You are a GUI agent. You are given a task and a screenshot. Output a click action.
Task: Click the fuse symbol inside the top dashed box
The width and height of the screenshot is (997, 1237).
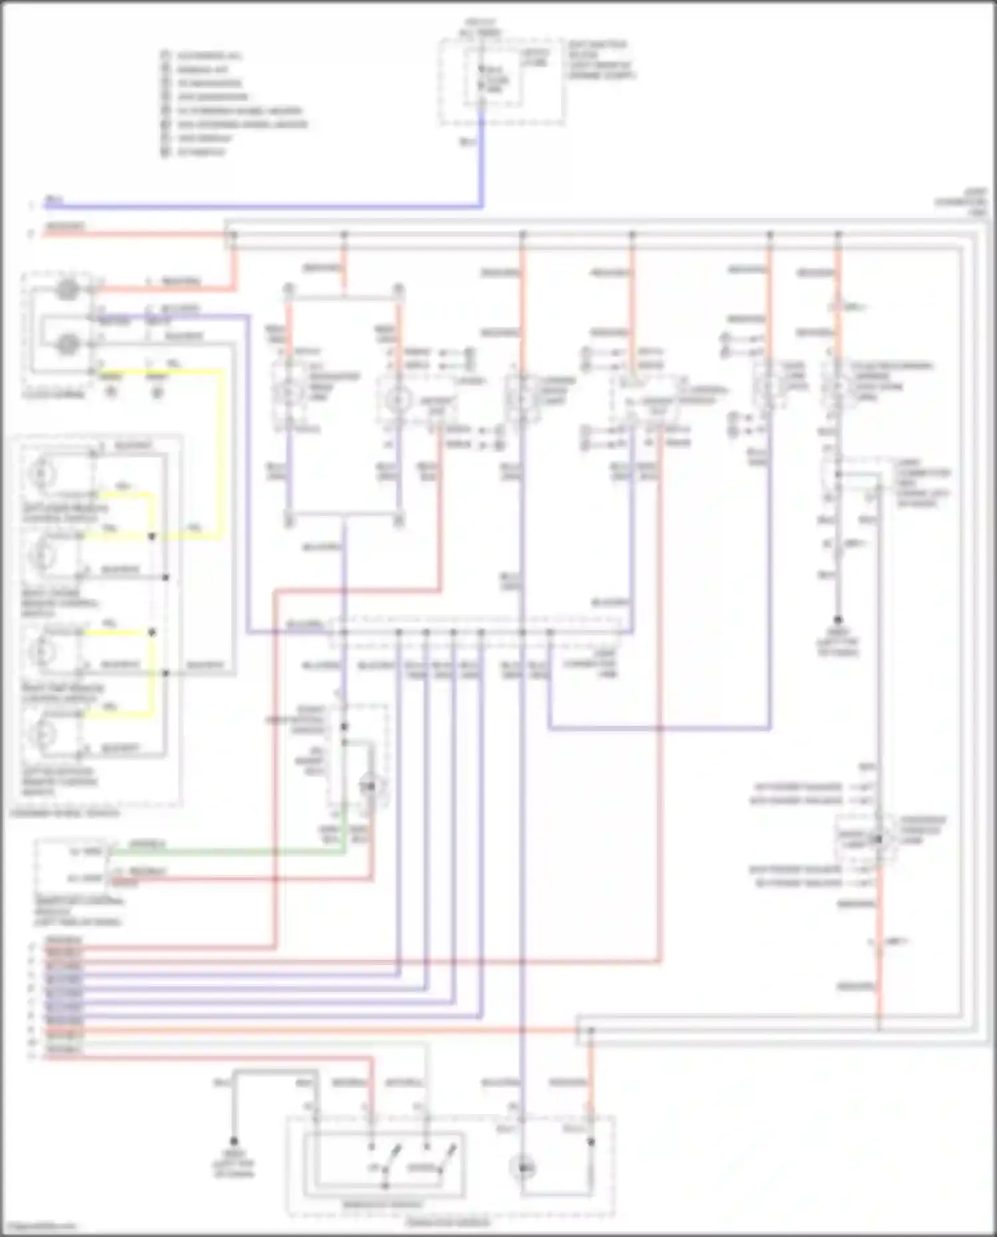[x=483, y=78]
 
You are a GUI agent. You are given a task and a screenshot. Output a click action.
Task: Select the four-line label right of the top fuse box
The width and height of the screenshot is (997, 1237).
[x=601, y=60]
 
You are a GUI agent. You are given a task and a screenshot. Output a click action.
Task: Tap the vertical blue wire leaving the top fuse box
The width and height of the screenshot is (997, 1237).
[x=482, y=160]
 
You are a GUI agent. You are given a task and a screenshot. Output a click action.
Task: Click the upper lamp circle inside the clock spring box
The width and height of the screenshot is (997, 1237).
[x=66, y=290]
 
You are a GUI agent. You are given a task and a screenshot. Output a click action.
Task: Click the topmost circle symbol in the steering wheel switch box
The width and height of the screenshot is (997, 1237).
[x=41, y=473]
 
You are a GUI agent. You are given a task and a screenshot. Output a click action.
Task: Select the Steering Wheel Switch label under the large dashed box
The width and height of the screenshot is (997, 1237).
[x=64, y=814]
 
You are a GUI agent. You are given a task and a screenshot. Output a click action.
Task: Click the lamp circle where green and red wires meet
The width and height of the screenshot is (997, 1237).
[x=370, y=786]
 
